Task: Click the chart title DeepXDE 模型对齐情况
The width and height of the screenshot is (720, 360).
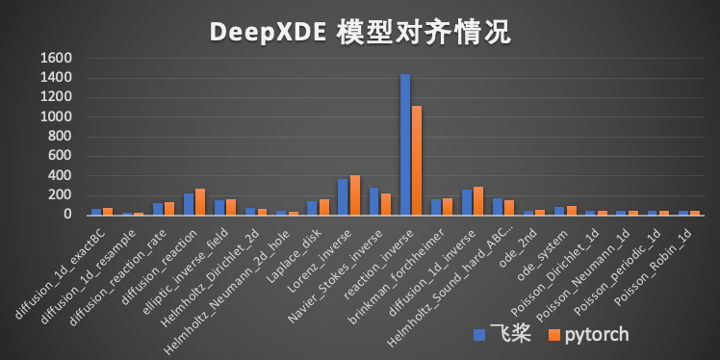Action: [360, 32]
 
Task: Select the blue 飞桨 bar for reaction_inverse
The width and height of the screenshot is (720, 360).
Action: [405, 144]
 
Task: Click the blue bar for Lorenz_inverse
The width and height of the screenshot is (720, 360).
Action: [344, 196]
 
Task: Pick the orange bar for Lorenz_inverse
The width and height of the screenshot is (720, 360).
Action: [354, 194]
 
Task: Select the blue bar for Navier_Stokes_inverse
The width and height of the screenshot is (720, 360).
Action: [374, 200]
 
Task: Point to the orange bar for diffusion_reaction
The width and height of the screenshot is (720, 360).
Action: [200, 201]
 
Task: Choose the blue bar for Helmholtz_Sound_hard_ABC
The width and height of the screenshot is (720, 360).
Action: [498, 206]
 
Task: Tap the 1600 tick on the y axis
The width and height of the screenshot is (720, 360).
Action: [58, 58]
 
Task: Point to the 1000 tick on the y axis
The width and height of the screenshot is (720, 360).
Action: [58, 116]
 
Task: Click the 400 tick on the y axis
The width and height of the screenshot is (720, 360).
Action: [62, 175]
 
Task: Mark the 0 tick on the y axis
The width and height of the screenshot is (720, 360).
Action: [69, 214]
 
